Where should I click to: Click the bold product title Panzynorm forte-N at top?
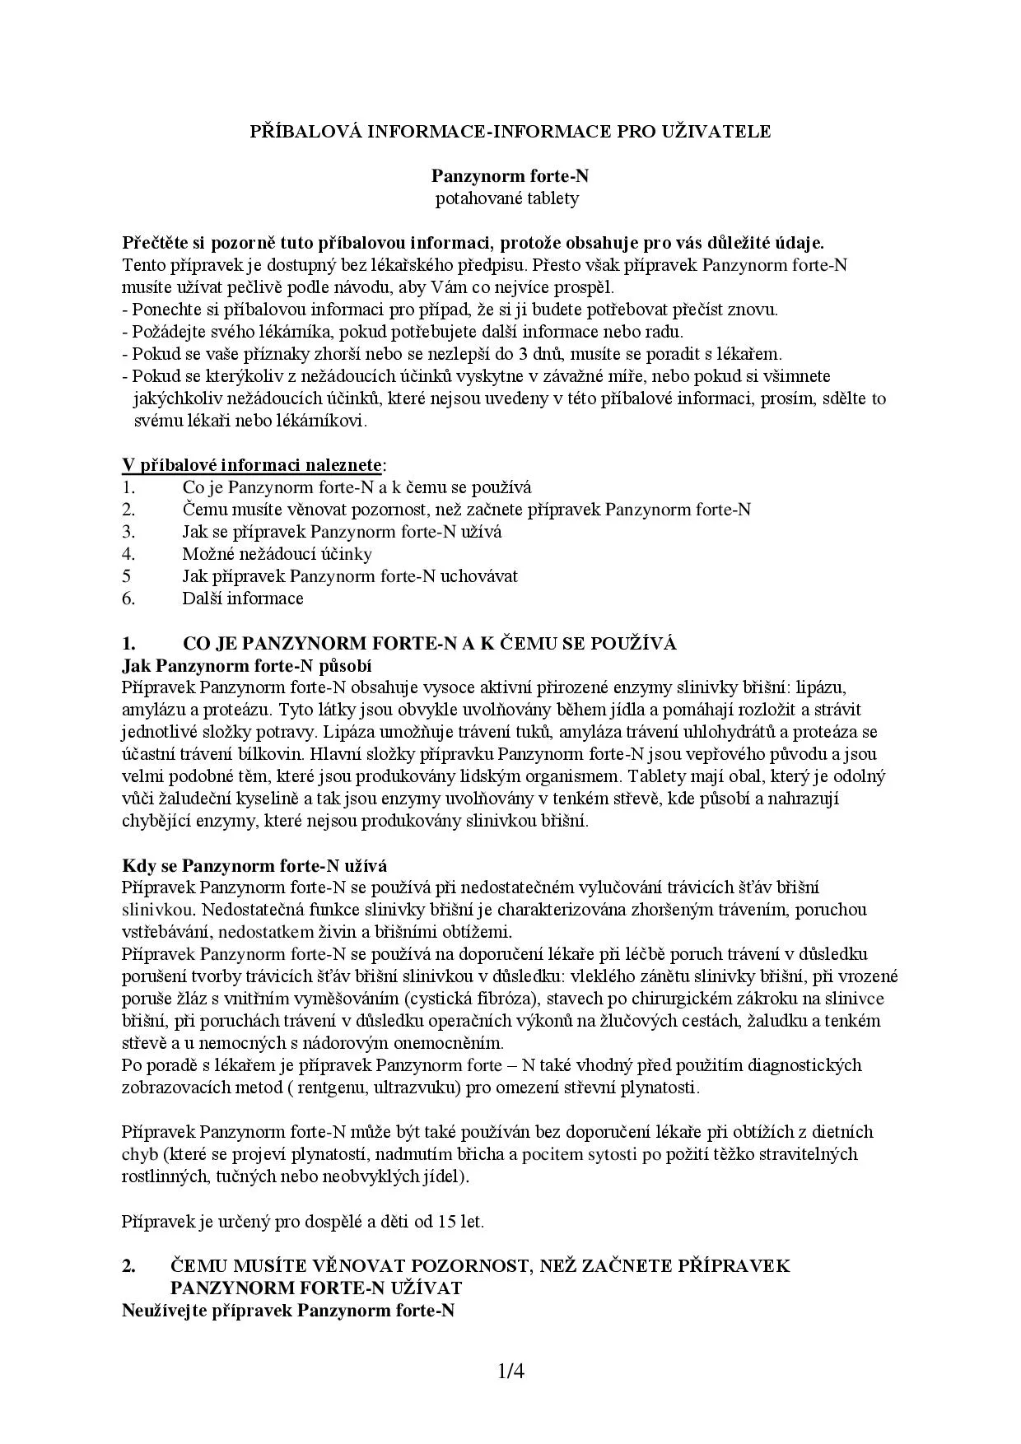510,176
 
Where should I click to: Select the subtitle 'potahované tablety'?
507,198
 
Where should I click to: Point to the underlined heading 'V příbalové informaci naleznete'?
252,465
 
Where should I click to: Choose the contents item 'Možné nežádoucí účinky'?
277,554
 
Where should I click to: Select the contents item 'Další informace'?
243,599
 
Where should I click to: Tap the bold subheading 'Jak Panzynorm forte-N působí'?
247,665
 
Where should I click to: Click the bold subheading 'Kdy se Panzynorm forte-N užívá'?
254,865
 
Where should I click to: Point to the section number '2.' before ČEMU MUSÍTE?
129,1265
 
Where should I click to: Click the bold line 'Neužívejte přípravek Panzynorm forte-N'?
288,1310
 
